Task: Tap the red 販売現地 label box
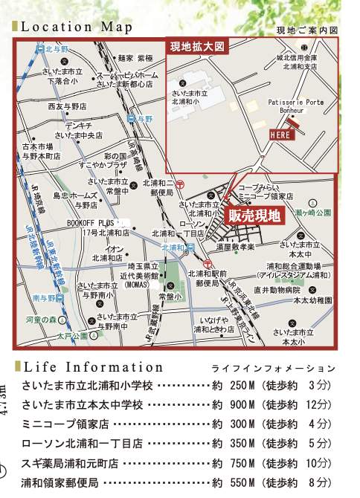254,216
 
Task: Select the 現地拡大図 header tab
196,47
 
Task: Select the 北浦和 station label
173,248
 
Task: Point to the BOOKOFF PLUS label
94,221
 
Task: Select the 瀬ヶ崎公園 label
306,213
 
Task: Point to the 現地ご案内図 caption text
306,31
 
